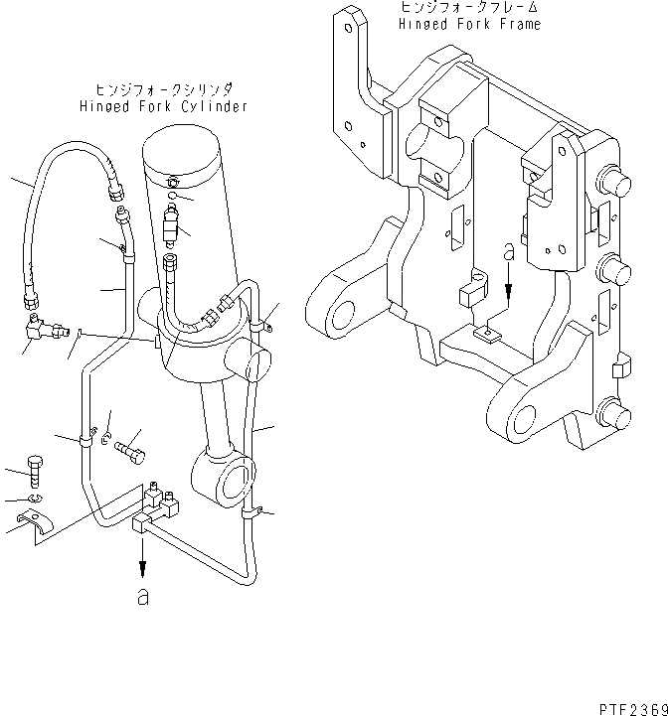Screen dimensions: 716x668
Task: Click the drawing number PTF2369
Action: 631,707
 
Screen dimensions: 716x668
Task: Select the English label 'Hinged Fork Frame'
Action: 469,24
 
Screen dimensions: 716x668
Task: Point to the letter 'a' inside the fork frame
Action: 508,255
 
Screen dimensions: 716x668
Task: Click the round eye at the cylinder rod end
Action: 232,480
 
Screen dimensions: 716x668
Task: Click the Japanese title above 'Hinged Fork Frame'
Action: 469,7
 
